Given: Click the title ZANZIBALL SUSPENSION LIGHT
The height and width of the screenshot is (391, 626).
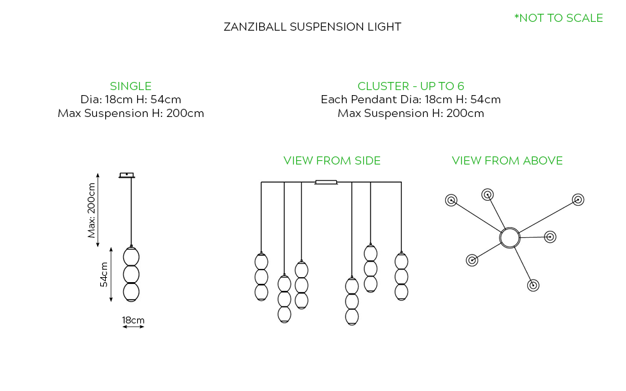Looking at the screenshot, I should click(x=312, y=27).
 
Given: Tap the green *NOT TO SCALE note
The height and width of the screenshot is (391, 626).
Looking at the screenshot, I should click(x=558, y=18).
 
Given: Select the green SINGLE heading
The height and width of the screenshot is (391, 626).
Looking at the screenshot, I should click(x=130, y=86).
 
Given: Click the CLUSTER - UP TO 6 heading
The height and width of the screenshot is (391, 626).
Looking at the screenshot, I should click(x=411, y=86).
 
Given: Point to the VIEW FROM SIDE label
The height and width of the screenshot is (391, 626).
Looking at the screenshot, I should click(x=332, y=161).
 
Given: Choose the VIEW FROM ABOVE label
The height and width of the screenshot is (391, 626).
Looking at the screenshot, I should click(x=507, y=161).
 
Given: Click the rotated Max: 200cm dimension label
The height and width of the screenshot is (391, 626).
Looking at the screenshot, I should click(x=93, y=210).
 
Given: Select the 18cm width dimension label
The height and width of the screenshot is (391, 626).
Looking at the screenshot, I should click(x=133, y=320).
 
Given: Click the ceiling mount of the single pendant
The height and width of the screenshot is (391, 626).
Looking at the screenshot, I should click(x=127, y=175).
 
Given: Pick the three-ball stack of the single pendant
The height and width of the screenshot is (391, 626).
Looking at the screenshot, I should click(x=131, y=273).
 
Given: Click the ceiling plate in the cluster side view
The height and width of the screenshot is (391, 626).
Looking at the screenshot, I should click(x=326, y=183).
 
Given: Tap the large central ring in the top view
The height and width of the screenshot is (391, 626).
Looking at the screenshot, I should click(x=510, y=238).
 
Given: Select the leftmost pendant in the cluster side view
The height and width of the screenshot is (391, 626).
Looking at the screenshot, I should click(x=262, y=277).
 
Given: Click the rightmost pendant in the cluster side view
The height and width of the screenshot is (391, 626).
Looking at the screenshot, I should click(x=401, y=276).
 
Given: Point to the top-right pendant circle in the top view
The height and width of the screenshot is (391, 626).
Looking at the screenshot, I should click(x=578, y=200).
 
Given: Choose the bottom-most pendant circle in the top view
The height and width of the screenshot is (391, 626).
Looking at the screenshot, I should click(x=533, y=285).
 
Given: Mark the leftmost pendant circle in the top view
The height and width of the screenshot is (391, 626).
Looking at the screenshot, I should click(x=451, y=200).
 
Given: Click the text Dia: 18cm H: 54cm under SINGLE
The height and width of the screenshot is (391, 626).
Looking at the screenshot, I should click(x=130, y=99).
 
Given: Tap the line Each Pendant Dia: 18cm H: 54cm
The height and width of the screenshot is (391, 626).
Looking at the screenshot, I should click(x=411, y=99).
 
